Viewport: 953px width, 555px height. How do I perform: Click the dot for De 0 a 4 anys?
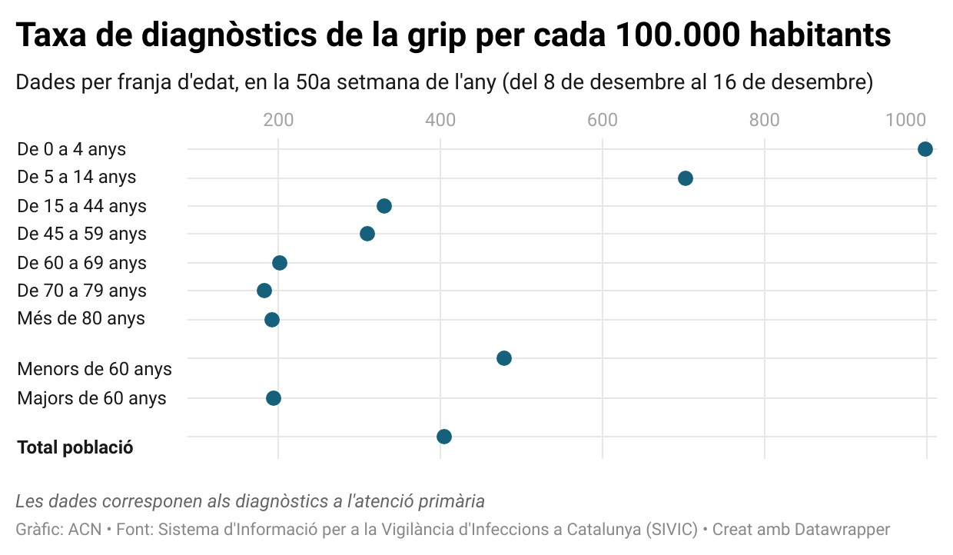click(925, 149)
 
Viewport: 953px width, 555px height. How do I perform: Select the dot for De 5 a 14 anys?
click(686, 178)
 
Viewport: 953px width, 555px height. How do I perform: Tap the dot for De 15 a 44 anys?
click(384, 206)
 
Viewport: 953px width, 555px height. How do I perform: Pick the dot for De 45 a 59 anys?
click(367, 234)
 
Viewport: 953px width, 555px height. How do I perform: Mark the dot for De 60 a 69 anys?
click(280, 263)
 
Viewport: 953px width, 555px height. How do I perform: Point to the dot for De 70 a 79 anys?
click(264, 291)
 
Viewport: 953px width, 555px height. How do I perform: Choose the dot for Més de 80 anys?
click(271, 320)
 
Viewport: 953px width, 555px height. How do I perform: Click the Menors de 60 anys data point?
click(504, 358)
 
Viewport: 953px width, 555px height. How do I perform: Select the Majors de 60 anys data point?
click(273, 398)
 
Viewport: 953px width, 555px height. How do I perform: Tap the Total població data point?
click(444, 437)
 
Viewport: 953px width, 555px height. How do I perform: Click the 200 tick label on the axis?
click(278, 120)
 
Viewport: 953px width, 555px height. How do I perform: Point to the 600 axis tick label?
click(603, 120)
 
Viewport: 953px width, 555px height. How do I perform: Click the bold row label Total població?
click(75, 447)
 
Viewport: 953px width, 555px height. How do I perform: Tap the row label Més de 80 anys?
click(81, 318)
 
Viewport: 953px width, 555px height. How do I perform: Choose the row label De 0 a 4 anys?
click(71, 149)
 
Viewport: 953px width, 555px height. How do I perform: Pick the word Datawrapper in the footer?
click(842, 530)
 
